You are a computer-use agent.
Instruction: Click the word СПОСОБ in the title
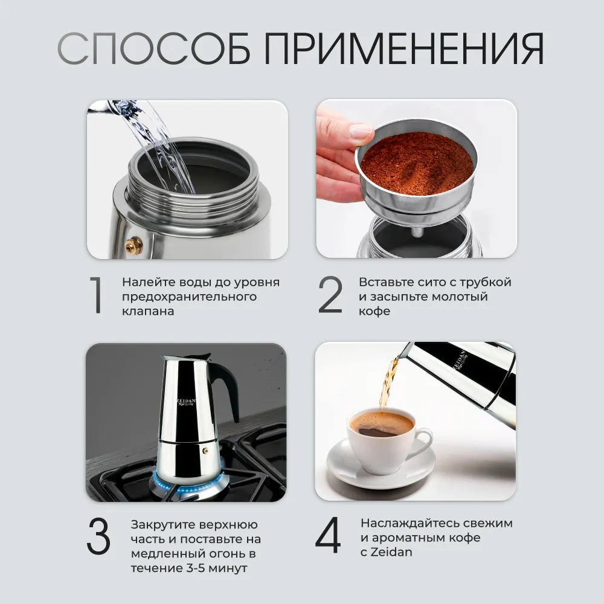pos(153,48)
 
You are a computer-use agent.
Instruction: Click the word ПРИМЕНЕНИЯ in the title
pos(403,48)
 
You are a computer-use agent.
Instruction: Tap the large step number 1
pos(96,295)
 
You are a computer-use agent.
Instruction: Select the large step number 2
pos(330,295)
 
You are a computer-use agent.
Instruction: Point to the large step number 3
pos(98,536)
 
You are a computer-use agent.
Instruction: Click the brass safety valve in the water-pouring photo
pos(133,245)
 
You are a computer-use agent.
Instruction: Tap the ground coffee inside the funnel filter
pos(417,163)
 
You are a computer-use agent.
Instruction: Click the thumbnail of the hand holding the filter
pos(416,179)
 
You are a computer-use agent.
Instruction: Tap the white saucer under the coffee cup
pos(381,464)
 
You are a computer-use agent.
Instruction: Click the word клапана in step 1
pos(148,311)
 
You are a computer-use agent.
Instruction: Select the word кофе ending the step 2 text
pos(374,311)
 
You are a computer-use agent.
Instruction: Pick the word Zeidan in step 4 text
pos(391,552)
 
